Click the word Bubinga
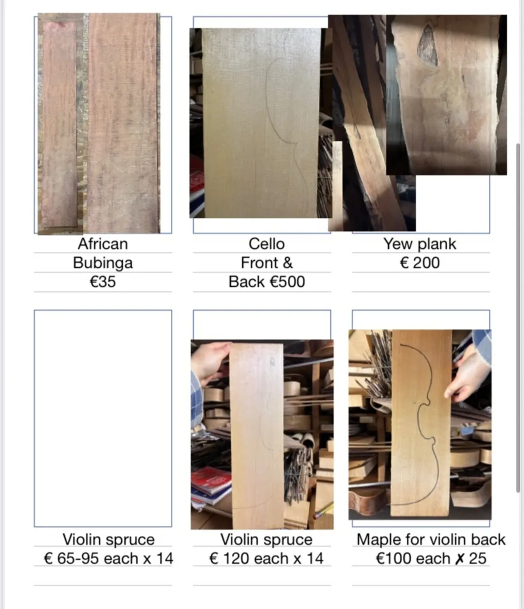[103, 263]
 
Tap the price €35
[103, 282]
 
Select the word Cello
[266, 244]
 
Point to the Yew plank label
[419, 244]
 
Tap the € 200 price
[419, 263]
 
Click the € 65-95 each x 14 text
[108, 559]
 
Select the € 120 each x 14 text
[266, 559]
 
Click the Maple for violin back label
[431, 539]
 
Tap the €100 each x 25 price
[431, 559]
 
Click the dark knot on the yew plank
[427, 45]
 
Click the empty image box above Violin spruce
[103, 418]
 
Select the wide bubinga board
[122, 123]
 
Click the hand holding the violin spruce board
[209, 361]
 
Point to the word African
[103, 244]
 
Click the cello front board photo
[261, 123]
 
